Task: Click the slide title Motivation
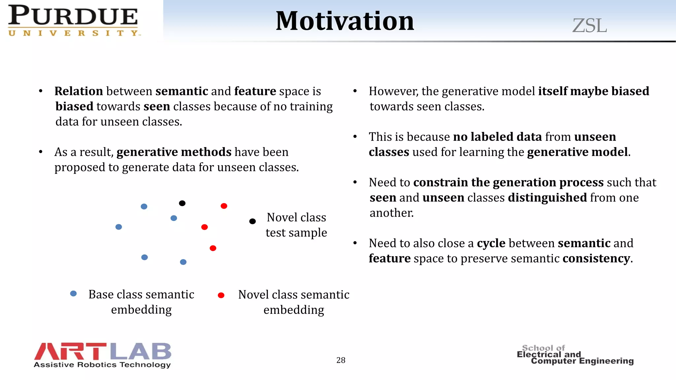tap(345, 21)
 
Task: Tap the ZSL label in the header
tap(590, 26)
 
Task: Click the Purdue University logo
tap(73, 20)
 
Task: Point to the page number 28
tap(341, 360)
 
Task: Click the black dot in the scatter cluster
tap(182, 203)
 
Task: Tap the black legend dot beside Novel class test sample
tap(253, 221)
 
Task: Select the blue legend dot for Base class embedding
tap(74, 294)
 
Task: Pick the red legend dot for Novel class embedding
tap(221, 295)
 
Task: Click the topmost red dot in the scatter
tap(224, 206)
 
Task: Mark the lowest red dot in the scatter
tap(213, 248)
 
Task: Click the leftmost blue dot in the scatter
tap(119, 227)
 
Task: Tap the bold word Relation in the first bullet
tap(79, 91)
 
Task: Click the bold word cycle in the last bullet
tap(491, 243)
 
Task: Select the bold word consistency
tap(596, 259)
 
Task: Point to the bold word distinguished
tap(547, 198)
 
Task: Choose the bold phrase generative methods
tap(174, 152)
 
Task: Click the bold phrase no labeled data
tap(497, 137)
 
